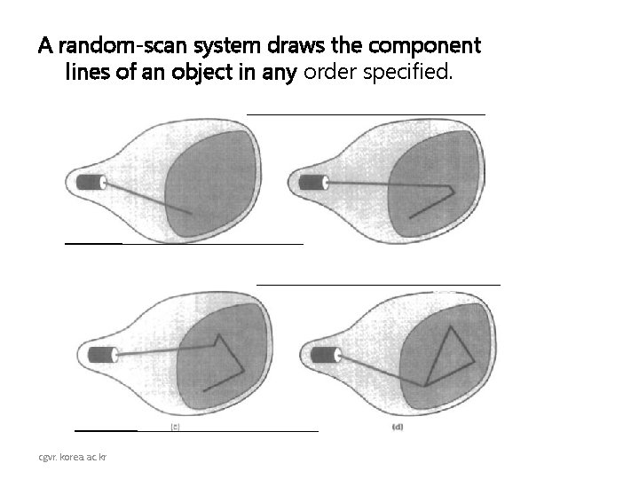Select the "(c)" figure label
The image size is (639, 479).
(x=177, y=428)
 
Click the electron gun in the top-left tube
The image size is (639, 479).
(x=91, y=182)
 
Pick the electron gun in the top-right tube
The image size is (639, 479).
(x=312, y=183)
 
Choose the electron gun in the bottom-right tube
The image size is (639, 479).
(x=325, y=355)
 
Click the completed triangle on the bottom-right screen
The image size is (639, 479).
(x=449, y=355)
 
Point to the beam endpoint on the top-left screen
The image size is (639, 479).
(x=191, y=213)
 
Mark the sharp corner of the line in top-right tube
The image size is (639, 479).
(x=454, y=189)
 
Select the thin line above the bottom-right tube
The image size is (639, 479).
(x=378, y=284)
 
